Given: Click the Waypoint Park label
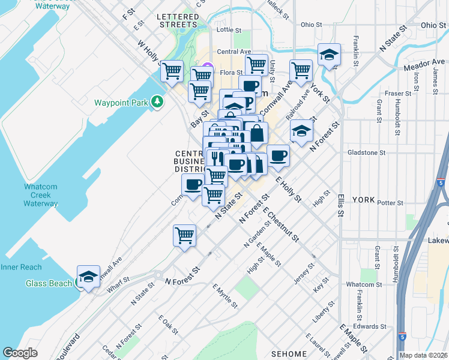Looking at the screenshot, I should click(121, 103).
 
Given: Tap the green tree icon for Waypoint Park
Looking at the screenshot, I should click(157, 102).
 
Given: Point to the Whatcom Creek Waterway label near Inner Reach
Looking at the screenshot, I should click(41, 195).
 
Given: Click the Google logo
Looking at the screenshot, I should click(20, 353).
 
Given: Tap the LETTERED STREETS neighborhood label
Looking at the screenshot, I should click(177, 20).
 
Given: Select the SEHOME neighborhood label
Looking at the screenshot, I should click(289, 354).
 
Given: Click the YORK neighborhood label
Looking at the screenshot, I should click(363, 199).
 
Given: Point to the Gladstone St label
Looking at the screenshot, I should click(366, 153).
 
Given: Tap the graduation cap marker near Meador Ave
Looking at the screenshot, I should click(329, 55).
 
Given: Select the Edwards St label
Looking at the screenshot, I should click(369, 327).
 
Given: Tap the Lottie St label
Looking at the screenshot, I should click(228, 29).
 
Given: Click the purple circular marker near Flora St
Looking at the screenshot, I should click(208, 67).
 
